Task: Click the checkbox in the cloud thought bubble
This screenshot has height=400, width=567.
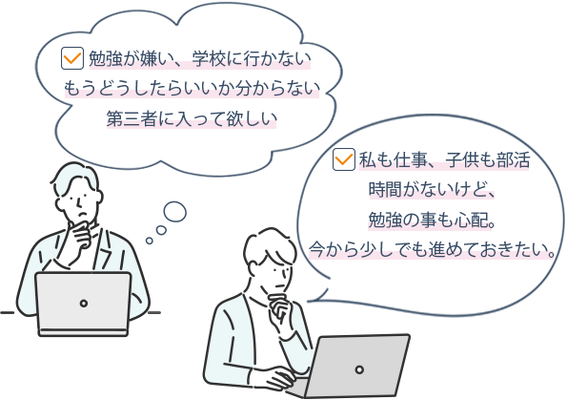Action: (72, 58)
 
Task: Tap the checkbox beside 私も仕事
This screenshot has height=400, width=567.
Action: (343, 159)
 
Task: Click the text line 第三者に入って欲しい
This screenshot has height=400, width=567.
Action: (192, 118)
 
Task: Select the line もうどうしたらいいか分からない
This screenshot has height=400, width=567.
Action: (192, 89)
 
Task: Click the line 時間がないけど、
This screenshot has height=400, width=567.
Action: (432, 189)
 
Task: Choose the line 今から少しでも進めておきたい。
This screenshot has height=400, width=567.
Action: (432, 250)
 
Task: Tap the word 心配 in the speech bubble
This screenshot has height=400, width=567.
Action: (471, 220)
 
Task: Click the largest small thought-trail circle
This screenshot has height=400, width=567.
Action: (175, 212)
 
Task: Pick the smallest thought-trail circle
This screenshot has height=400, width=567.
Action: (150, 241)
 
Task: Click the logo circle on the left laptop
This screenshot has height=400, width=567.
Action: (84, 304)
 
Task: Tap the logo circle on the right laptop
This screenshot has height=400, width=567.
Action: (359, 369)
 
